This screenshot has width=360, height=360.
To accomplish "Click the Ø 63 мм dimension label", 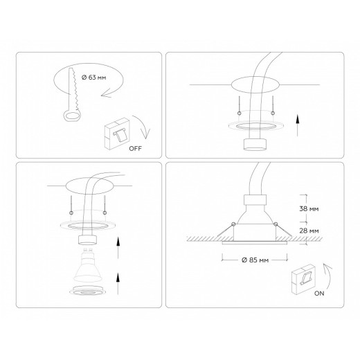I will click(x=92, y=77).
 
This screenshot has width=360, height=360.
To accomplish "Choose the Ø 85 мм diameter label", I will click(x=253, y=260).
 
